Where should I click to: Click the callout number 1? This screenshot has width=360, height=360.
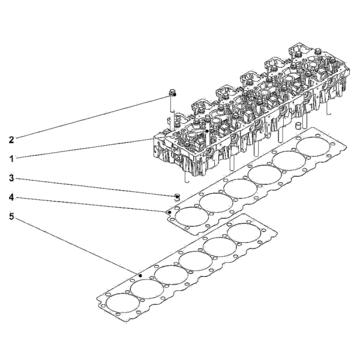[x=11, y=158]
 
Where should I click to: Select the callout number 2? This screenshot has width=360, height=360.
[x=11, y=140]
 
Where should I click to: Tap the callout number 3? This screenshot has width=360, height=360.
[x=11, y=178]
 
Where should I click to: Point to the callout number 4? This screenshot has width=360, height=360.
[x=11, y=197]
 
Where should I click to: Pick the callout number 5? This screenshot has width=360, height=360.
[x=11, y=216]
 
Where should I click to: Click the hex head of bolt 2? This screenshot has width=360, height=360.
[x=172, y=93]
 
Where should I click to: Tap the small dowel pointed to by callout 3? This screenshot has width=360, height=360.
[x=177, y=197]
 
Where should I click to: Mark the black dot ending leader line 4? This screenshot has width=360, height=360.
[x=170, y=212]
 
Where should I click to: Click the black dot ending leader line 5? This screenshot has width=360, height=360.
[x=140, y=275]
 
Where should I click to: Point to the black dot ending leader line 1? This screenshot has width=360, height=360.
[x=207, y=131]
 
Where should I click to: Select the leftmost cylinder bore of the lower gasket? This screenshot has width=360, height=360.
[x=123, y=303]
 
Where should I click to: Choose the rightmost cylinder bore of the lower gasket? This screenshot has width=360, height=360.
[x=244, y=233]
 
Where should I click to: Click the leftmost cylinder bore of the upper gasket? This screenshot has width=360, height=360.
[x=192, y=217]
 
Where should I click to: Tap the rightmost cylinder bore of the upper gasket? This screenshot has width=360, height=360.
[x=313, y=147]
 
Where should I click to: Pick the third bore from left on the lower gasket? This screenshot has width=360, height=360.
[x=171, y=275]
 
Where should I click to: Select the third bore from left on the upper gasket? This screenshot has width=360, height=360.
[x=240, y=189]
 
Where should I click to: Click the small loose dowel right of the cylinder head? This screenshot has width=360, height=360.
[x=298, y=126]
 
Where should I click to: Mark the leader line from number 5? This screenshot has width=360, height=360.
[x=77, y=245]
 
